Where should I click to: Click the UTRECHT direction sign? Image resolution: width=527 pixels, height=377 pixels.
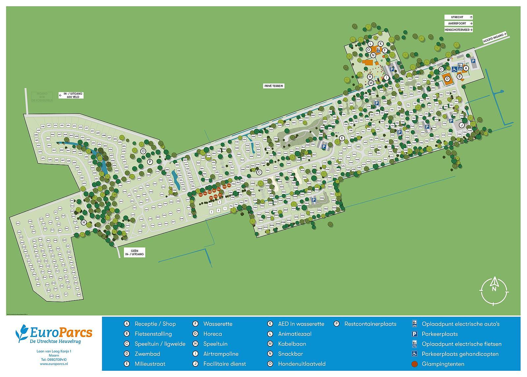pos(458,17)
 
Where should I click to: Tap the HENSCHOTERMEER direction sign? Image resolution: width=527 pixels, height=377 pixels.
pos(458,30)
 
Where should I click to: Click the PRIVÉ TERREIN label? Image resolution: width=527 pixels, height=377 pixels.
pos(273,86)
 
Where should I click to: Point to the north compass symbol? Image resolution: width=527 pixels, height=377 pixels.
pos(494,289)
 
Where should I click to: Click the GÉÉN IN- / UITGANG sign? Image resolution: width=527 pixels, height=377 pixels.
pos(134,253)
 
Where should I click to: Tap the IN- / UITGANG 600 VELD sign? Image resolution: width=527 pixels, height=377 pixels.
pos(71,95)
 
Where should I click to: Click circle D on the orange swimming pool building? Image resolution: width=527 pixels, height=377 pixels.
pos(447,79)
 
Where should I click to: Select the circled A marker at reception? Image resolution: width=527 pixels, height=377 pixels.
pos(466,68)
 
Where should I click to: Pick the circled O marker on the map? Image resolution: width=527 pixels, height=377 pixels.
pos(143,151)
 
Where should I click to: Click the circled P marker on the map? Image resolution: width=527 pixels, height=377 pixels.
pos(150,162)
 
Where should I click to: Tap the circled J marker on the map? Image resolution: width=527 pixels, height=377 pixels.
pos(462,125)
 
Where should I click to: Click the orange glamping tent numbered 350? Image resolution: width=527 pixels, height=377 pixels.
pos(229,186)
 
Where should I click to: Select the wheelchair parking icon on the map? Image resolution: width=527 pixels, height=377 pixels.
pos(454,69)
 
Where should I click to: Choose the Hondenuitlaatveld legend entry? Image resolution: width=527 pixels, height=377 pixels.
pos(301,364)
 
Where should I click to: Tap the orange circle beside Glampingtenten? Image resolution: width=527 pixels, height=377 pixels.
pos(415,364)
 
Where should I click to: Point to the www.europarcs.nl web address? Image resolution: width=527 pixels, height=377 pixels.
pos(54,364)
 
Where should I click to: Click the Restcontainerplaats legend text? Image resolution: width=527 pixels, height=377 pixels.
pos(370,324)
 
